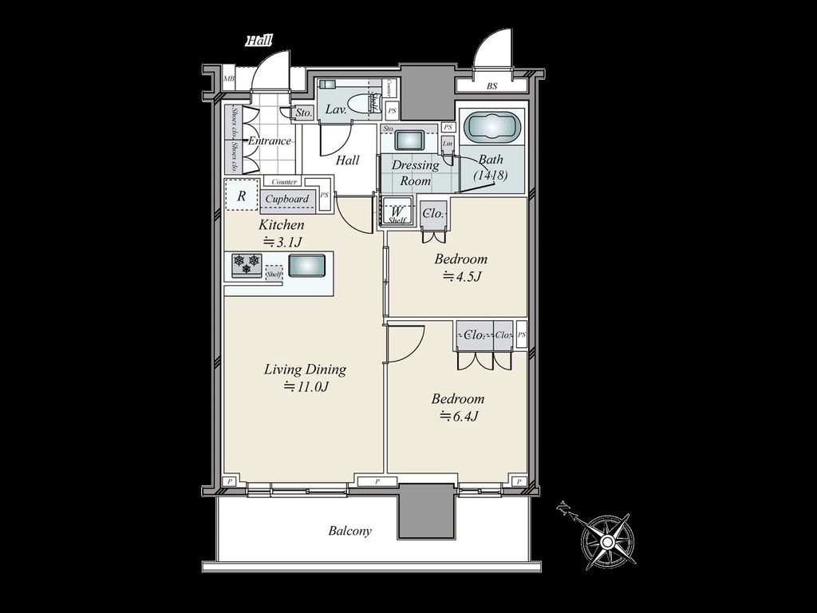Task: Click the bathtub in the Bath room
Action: click(x=492, y=127)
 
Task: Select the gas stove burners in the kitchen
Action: click(x=247, y=264)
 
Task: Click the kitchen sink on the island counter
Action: click(x=306, y=265)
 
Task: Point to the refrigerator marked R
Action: click(x=241, y=195)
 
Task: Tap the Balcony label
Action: click(x=350, y=531)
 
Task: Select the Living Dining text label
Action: click(x=305, y=370)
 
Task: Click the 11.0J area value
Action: click(x=307, y=388)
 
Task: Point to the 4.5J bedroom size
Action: click(x=462, y=277)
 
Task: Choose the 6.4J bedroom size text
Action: click(x=459, y=416)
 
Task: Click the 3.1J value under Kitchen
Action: click(x=282, y=243)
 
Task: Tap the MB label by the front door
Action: click(x=230, y=79)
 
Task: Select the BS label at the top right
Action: click(x=491, y=85)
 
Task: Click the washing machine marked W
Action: click(x=397, y=212)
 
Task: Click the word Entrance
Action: click(x=269, y=141)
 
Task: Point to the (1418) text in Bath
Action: click(x=491, y=175)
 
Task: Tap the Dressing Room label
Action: click(x=415, y=173)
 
